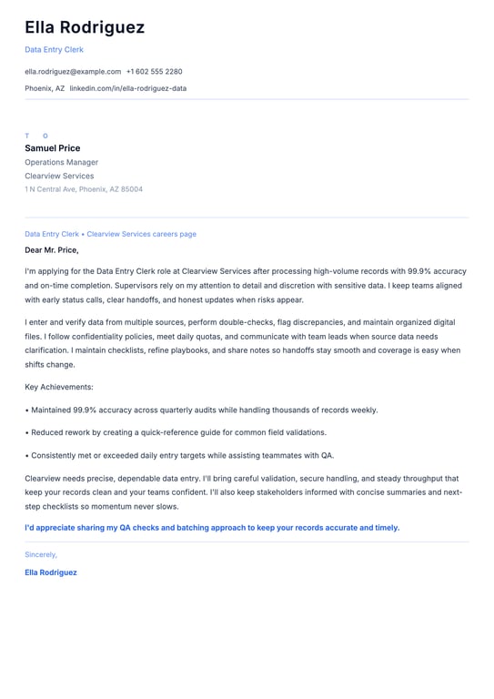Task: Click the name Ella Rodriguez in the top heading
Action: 85,28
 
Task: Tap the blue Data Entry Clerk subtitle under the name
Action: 54,50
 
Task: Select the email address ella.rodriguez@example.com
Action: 73,71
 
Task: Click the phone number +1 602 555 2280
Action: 154,71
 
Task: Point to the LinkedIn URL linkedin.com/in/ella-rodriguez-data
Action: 128,88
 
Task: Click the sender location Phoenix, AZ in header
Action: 45,88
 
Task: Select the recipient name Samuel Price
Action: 52,148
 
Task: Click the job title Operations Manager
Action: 59,162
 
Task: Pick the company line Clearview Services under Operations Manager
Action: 59,176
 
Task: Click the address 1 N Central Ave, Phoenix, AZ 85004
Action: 84,189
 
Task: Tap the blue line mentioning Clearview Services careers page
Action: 110,234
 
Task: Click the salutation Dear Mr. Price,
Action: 52,249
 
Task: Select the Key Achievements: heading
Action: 59,387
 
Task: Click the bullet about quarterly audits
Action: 201,410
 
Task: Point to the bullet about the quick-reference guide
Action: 176,432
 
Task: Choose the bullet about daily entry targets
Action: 179,455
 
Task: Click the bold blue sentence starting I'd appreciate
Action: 212,527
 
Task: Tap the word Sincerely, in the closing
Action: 41,554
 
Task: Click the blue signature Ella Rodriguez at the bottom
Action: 51,572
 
